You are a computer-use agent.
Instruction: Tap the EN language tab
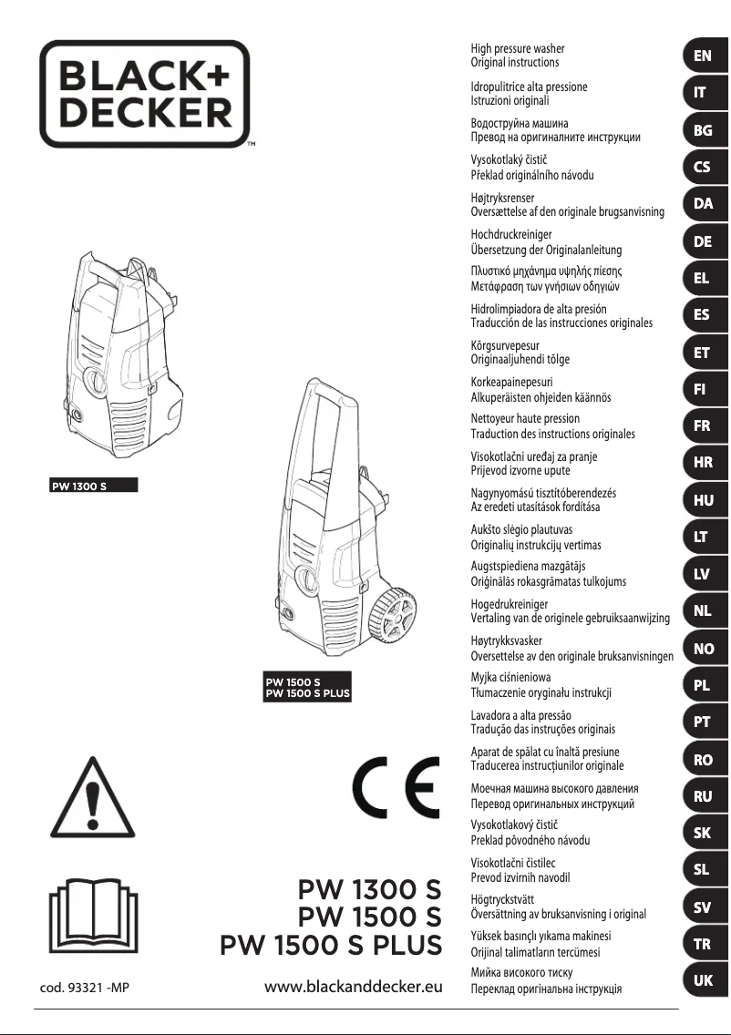[x=703, y=56]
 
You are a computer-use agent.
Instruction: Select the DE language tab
[x=703, y=241]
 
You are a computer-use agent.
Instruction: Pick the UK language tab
[x=703, y=980]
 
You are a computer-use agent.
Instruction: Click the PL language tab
[x=703, y=685]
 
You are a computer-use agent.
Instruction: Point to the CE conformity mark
[x=394, y=787]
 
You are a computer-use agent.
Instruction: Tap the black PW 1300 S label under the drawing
[x=92, y=484]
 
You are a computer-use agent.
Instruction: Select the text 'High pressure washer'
[x=517, y=48]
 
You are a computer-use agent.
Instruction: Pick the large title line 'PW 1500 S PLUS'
[x=331, y=945]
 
